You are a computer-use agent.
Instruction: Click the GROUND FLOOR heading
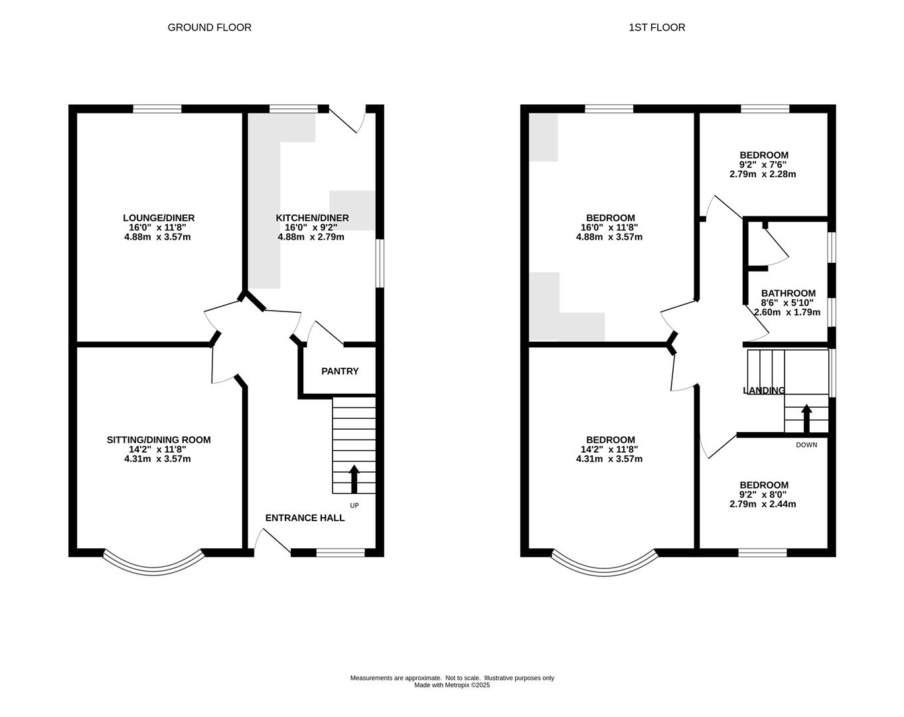tap(209, 28)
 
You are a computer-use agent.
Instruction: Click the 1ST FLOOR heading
tap(657, 28)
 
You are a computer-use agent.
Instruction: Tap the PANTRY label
tap(340, 371)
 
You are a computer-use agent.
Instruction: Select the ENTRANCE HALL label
tap(305, 518)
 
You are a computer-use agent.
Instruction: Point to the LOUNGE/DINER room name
tap(159, 218)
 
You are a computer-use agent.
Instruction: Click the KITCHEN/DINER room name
tap(312, 218)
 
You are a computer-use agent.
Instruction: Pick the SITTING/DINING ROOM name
tap(159, 439)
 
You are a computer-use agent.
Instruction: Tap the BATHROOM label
tap(789, 293)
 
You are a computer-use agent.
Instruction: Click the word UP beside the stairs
tap(354, 505)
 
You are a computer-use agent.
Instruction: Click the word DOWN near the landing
tap(806, 445)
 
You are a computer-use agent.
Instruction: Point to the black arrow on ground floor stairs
tap(354, 479)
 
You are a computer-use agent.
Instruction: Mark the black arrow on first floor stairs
tap(806, 419)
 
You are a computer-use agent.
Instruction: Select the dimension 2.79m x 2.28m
tap(763, 174)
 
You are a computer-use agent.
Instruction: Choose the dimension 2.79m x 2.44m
tap(763, 504)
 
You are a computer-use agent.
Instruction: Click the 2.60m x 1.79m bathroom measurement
tap(788, 312)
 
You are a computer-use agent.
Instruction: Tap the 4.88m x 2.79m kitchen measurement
tap(311, 237)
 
